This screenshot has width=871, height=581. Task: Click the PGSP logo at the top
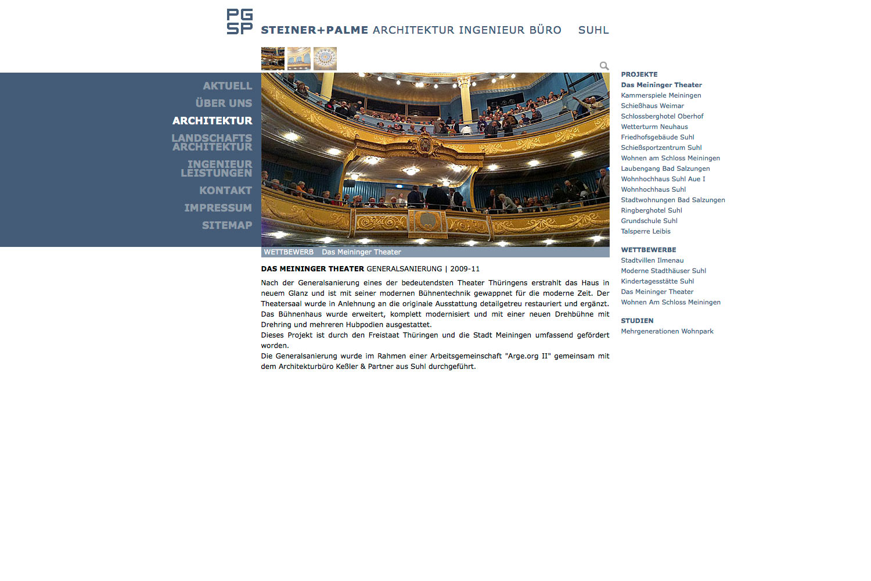(x=239, y=21)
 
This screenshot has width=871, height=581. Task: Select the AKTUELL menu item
(x=227, y=86)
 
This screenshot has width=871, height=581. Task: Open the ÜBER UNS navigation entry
(x=224, y=103)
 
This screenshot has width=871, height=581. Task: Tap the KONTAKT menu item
(x=225, y=191)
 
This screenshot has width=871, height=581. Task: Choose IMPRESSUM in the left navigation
(x=218, y=208)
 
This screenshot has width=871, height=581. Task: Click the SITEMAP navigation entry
(x=226, y=225)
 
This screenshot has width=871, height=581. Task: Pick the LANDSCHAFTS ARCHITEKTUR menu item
(x=212, y=142)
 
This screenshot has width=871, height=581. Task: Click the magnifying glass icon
(x=604, y=66)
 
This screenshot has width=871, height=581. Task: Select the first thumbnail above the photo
(x=272, y=59)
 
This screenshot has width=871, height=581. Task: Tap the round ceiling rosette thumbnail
(x=325, y=59)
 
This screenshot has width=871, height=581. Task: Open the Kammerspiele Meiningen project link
(x=661, y=95)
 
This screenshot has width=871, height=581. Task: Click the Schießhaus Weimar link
(x=652, y=106)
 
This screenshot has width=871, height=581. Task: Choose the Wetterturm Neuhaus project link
(x=654, y=127)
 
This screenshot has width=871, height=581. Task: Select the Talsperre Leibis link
(x=645, y=231)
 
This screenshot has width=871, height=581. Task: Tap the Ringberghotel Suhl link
(x=651, y=210)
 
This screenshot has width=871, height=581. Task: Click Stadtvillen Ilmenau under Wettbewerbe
(x=652, y=260)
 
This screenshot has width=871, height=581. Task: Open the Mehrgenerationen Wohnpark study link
(x=667, y=331)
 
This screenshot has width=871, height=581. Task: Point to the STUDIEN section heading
(x=637, y=321)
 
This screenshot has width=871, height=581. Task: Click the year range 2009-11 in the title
(x=465, y=269)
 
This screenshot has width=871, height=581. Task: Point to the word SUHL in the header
(x=593, y=30)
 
